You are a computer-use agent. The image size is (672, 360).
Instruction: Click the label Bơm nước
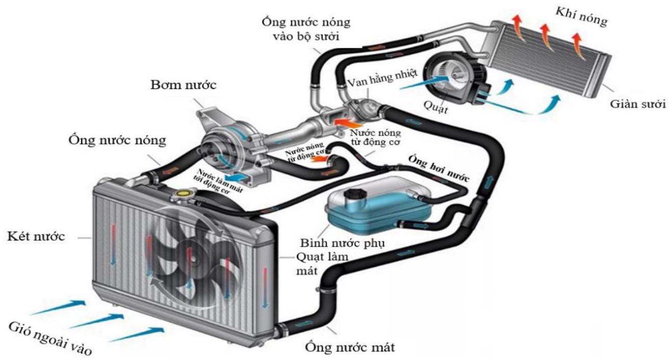tap(183, 85)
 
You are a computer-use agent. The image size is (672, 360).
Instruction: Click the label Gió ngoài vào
tap(48, 338)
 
